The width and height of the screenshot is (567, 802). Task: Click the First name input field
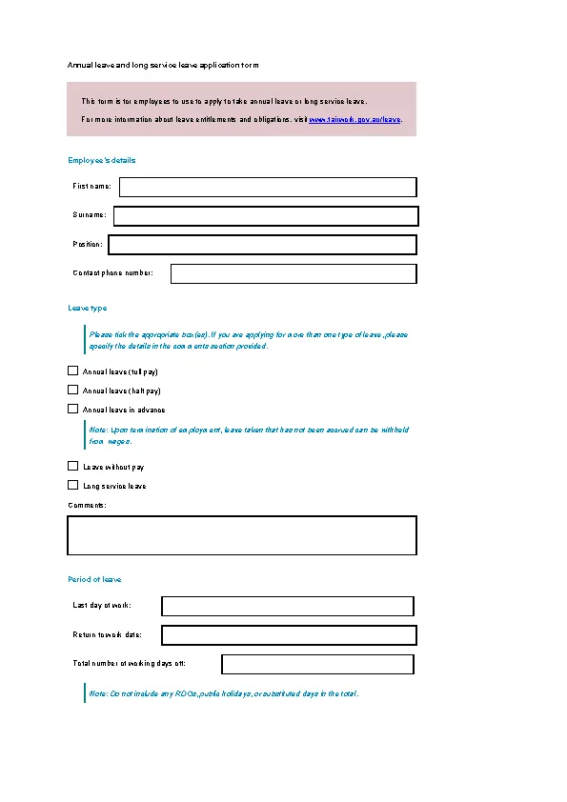267,187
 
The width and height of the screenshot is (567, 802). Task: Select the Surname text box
265,216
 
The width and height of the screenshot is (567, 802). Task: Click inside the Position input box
262,245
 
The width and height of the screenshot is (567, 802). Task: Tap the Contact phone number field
294,273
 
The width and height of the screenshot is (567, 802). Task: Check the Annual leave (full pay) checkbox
72,371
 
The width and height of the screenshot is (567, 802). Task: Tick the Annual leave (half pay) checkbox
72,390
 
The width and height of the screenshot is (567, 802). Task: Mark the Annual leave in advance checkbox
72,409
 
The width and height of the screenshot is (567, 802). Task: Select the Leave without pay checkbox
72,467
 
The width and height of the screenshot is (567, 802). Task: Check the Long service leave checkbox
72,485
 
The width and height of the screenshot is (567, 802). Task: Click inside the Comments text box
242,535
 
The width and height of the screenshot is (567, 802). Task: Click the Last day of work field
288,606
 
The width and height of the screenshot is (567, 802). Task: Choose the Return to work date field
289,634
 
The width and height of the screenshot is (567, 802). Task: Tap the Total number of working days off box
317,664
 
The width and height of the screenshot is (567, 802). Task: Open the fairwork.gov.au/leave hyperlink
354,120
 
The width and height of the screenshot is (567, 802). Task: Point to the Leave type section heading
88,308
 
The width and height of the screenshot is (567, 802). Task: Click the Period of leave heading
94,579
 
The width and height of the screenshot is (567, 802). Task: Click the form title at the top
163,65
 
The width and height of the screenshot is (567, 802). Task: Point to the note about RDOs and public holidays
224,693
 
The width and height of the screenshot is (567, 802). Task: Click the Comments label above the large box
87,505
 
